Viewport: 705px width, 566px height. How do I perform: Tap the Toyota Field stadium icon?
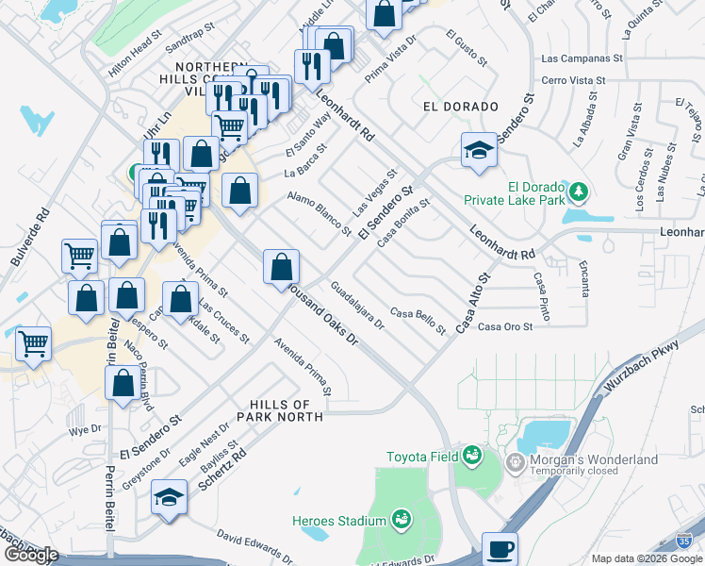point(472,458)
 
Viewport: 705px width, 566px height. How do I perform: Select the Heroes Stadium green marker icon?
point(401,520)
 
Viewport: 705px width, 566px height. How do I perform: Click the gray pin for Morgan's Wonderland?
point(515,462)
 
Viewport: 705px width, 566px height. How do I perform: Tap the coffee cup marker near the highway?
point(500,548)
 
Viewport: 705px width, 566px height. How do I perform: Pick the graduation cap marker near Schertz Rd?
point(169,497)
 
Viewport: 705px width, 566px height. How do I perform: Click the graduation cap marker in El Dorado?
point(479,150)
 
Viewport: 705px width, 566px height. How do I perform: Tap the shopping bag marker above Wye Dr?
point(123,384)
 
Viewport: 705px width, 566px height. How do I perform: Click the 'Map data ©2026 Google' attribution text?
point(647,558)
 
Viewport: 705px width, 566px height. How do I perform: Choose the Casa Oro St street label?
point(505,326)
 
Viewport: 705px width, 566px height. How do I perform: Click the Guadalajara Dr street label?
point(358,305)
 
